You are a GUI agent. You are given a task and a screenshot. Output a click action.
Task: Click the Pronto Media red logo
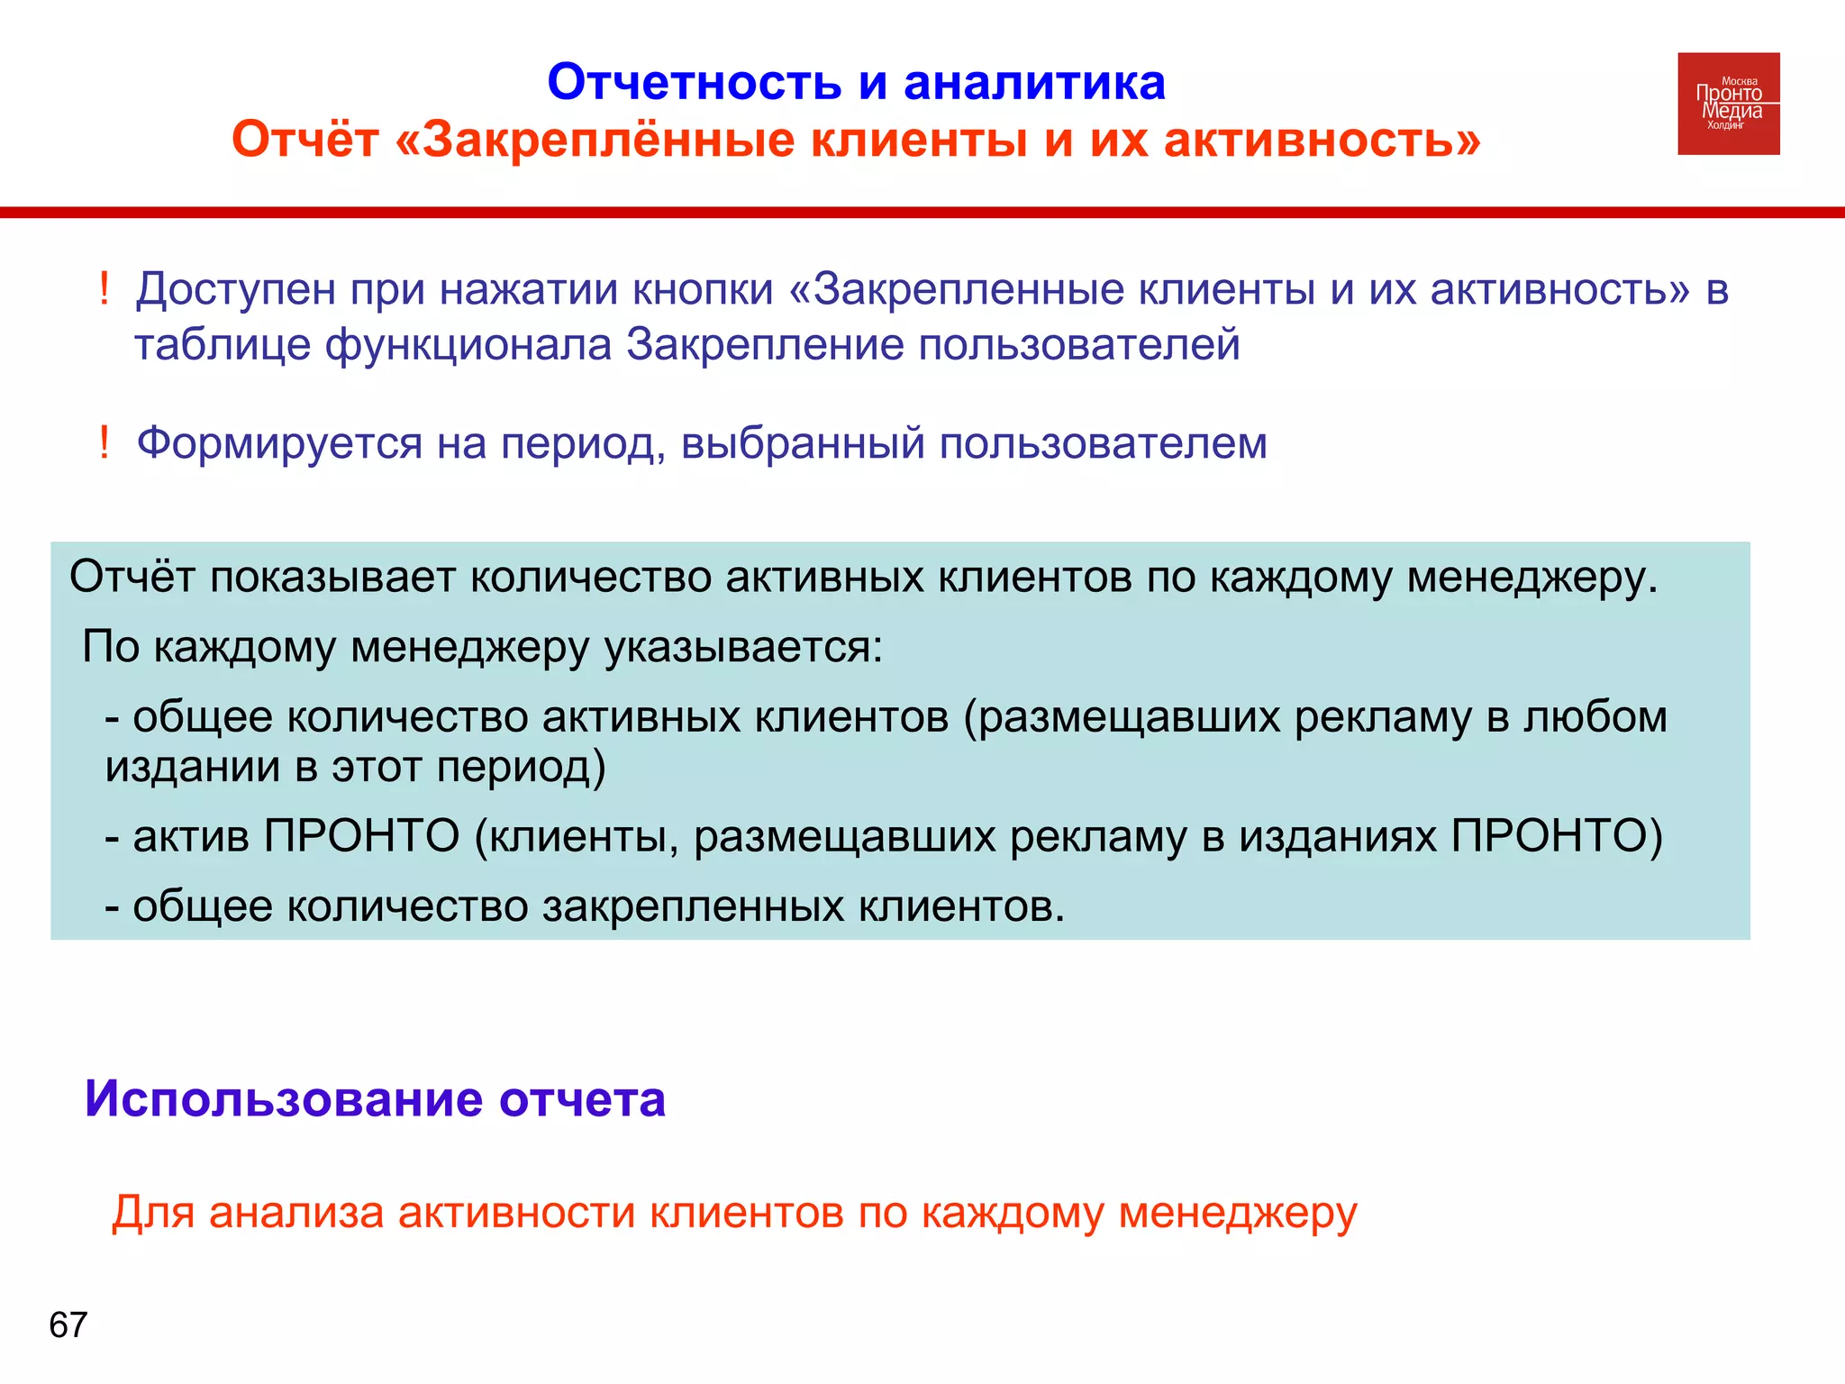tap(1728, 104)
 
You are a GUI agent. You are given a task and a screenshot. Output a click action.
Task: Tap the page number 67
tap(68, 1325)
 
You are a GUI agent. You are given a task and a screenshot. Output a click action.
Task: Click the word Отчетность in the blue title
tap(694, 83)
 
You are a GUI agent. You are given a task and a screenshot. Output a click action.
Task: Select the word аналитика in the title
tap(1034, 83)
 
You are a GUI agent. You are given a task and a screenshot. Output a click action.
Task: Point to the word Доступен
tap(235, 290)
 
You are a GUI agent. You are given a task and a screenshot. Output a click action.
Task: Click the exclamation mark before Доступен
tap(105, 290)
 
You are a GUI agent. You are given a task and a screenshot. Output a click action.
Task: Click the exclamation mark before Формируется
tap(105, 443)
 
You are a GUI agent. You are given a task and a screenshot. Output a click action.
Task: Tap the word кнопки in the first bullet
tap(703, 290)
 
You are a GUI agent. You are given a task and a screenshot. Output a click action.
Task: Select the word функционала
tap(468, 346)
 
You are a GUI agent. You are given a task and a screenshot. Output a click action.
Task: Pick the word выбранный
tap(803, 443)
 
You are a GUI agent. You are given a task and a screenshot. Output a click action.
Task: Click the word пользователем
tap(1104, 443)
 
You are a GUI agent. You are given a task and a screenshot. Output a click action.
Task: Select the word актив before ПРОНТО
tap(191, 836)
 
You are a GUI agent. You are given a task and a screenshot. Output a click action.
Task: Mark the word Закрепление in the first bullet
tap(765, 346)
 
